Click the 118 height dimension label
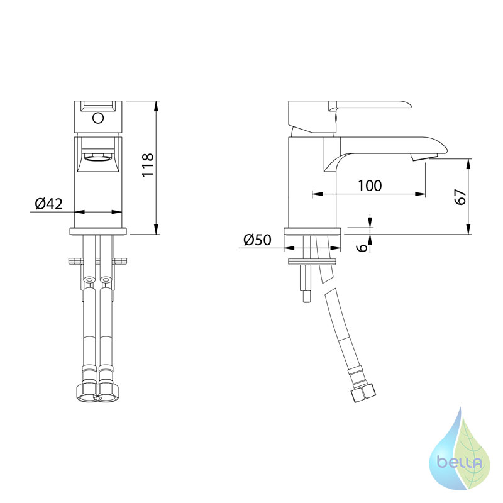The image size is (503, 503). click(x=148, y=165)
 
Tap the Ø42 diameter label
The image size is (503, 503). click(x=49, y=204)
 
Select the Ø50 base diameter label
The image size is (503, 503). click(x=257, y=240)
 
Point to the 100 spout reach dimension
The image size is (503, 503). click(x=370, y=185)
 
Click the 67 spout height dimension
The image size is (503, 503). click(x=460, y=197)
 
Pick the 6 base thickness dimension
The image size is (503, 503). click(x=362, y=247)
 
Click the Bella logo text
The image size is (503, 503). click(x=460, y=462)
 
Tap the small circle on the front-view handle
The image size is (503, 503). click(x=98, y=118)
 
